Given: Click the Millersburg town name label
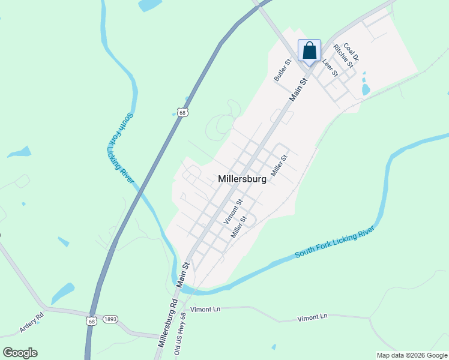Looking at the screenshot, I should click(x=242, y=179).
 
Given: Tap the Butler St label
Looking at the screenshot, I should click(x=282, y=70).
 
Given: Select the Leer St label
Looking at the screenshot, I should click(x=330, y=67).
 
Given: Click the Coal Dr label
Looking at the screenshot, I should click(x=352, y=50).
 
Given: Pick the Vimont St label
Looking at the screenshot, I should click(x=233, y=212).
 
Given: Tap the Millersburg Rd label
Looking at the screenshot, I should click(x=167, y=323).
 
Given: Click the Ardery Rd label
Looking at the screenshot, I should click(x=32, y=322).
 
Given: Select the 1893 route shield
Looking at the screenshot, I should click(x=109, y=320).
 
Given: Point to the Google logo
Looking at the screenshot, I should click(x=20, y=352).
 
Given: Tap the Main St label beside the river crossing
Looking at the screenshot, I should click(x=185, y=273).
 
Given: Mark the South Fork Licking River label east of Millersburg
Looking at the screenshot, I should click(x=335, y=243).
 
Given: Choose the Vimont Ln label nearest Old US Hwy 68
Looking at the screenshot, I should click(x=205, y=309).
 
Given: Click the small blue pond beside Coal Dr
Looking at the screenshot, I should click(x=365, y=89).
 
